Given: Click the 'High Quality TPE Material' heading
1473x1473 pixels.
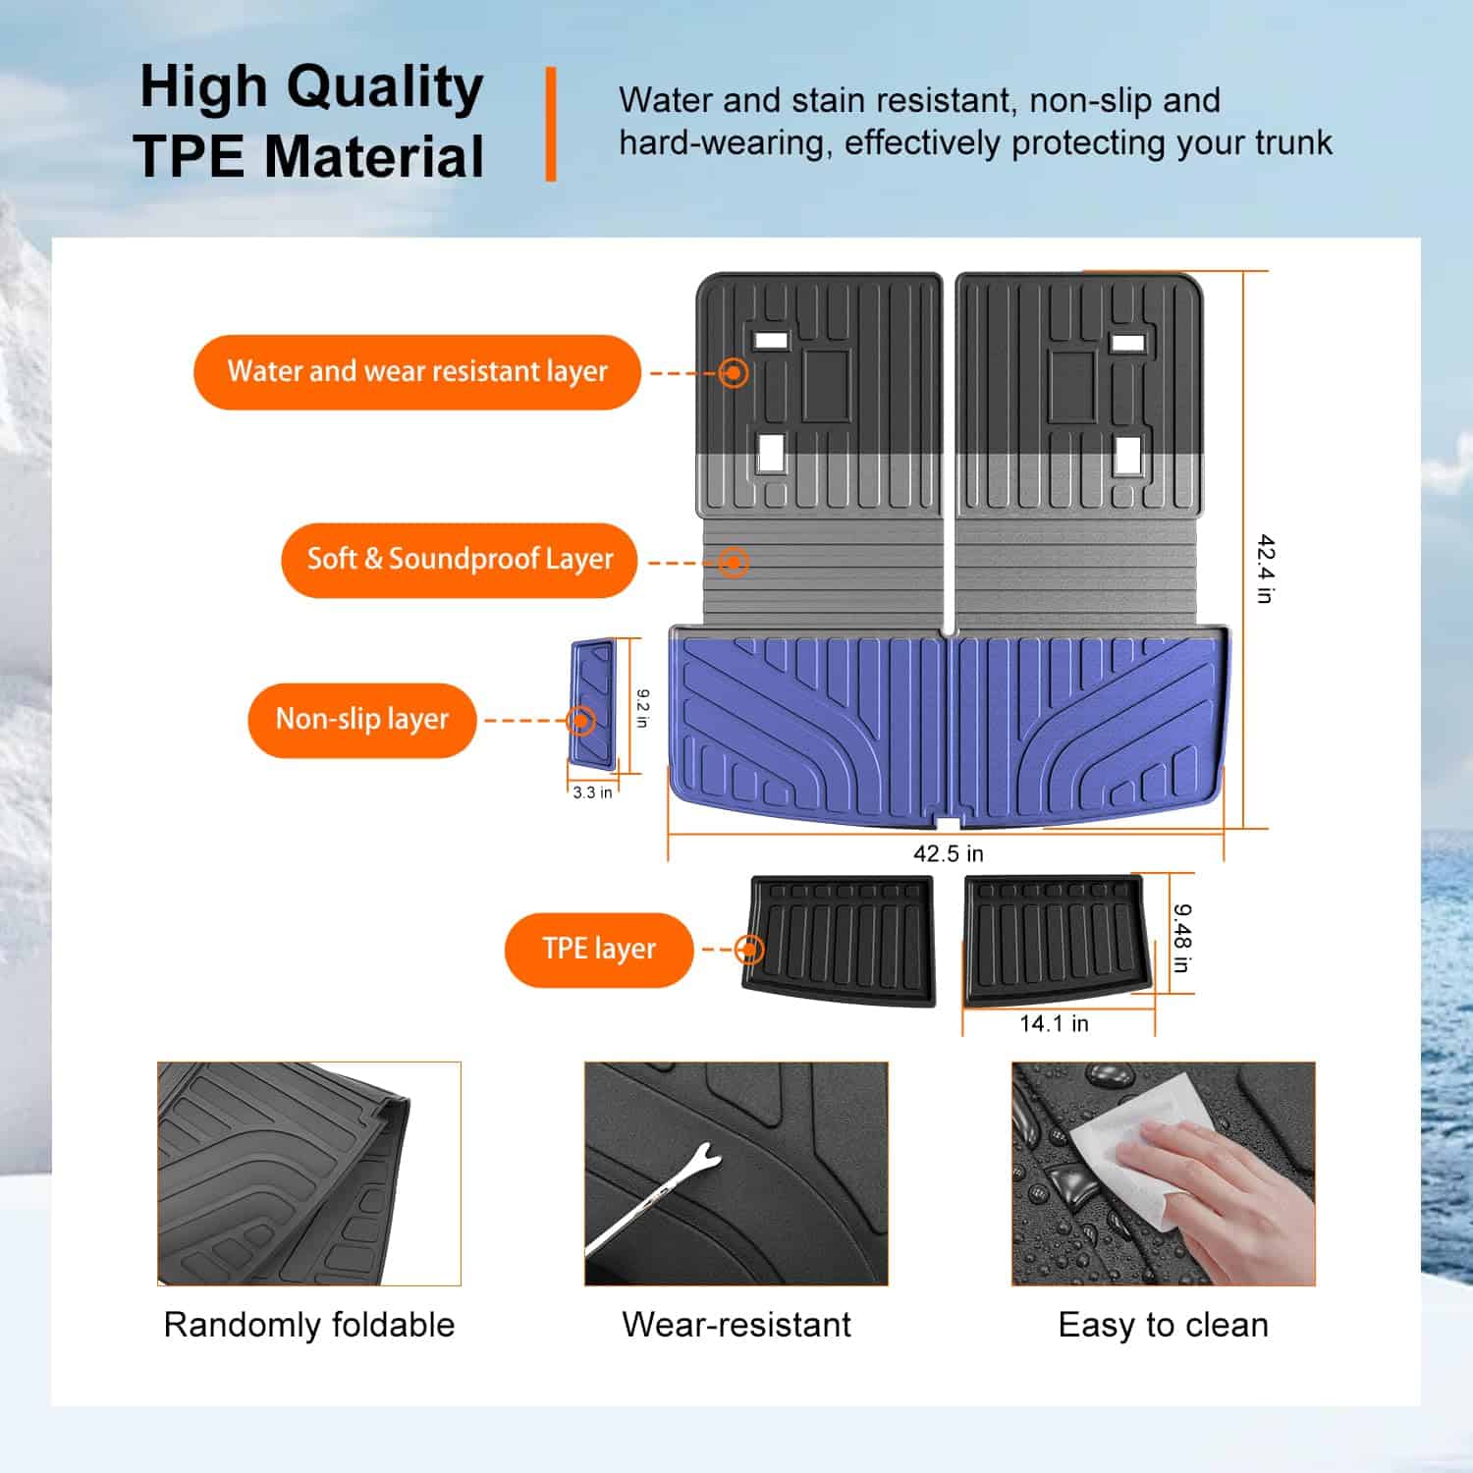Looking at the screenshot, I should coord(310,122).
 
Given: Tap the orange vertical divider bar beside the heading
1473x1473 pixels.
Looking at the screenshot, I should coord(551,124).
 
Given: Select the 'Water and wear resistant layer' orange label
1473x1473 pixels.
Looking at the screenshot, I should coord(417,372).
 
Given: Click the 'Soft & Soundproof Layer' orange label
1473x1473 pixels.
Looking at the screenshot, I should coord(460,560).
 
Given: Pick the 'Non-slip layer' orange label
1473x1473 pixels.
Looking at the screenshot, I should coord(361,720).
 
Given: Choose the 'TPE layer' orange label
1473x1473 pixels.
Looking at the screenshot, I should coord(598,950).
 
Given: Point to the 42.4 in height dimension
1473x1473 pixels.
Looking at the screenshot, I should coord(1266,569).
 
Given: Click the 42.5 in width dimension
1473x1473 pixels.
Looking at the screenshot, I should coord(948,853).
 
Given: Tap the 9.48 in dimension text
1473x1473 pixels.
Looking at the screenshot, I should coord(1181,938).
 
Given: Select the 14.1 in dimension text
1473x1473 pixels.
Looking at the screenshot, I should coord(1054,1024).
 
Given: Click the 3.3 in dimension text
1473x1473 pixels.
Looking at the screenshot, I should coord(592,792).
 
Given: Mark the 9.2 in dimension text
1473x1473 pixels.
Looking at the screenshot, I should coord(642,708).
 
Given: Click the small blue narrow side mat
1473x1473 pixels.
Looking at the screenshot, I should coord(593,703).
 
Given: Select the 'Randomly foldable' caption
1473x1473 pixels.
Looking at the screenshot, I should coord(309,1325).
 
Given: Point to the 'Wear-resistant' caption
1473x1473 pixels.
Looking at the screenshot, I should coord(736,1325).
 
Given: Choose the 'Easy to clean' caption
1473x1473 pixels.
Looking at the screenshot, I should coord(1163,1325).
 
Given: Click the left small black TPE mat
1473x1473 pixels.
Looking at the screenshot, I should coord(841,941).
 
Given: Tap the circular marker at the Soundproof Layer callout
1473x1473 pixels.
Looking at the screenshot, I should coord(734,563).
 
